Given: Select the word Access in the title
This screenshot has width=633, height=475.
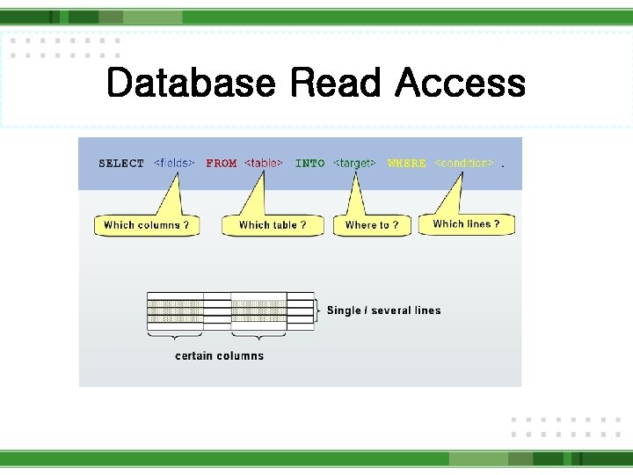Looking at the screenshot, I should (460, 84).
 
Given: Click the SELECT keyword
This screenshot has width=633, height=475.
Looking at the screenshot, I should (121, 164).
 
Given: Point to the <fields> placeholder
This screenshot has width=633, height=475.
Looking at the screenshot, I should (174, 164).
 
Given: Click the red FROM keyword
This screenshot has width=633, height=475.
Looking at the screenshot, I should (222, 164).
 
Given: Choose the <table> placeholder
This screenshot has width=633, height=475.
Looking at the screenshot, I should (264, 164).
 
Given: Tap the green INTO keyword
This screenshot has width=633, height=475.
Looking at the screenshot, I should (309, 164).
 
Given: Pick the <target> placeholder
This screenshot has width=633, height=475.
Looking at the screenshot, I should (354, 164).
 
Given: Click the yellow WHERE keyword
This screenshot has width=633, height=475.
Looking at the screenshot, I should (406, 164).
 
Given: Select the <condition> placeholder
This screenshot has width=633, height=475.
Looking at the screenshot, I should (464, 164).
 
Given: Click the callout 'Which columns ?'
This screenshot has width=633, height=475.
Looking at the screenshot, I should (146, 225).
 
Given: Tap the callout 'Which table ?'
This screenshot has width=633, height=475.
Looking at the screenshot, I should (273, 225).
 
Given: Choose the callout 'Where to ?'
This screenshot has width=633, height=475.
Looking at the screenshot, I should (372, 225).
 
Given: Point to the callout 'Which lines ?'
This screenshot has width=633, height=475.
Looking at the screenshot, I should (466, 224).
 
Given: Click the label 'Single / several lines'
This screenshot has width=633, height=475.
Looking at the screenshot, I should (383, 311).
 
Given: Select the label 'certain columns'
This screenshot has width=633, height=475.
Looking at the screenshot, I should (219, 355).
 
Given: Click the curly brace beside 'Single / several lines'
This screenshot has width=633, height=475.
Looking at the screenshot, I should (318, 311).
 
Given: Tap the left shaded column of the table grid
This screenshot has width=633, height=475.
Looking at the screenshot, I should (175, 311).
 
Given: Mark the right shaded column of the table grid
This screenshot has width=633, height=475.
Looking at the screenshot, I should (258, 311).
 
